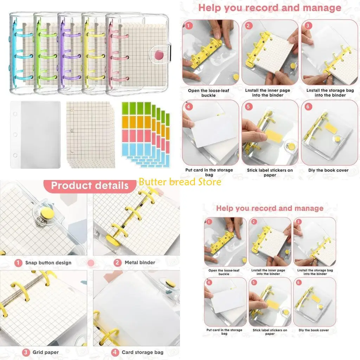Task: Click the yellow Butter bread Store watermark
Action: tap(180, 182)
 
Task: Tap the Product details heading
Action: tap(90, 185)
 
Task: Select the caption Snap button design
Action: tap(48, 263)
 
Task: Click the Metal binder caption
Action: tap(140, 263)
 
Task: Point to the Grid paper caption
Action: tap(46, 352)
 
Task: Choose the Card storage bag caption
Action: tap(142, 352)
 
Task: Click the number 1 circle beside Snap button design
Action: tap(18, 263)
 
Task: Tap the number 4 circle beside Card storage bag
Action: tap(115, 352)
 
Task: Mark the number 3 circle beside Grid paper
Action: tap(26, 352)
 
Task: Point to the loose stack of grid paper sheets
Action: tap(90, 134)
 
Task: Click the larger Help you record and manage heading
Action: tap(270, 7)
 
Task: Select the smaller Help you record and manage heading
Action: tap(270, 208)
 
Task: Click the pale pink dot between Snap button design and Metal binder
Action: tap(91, 263)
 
